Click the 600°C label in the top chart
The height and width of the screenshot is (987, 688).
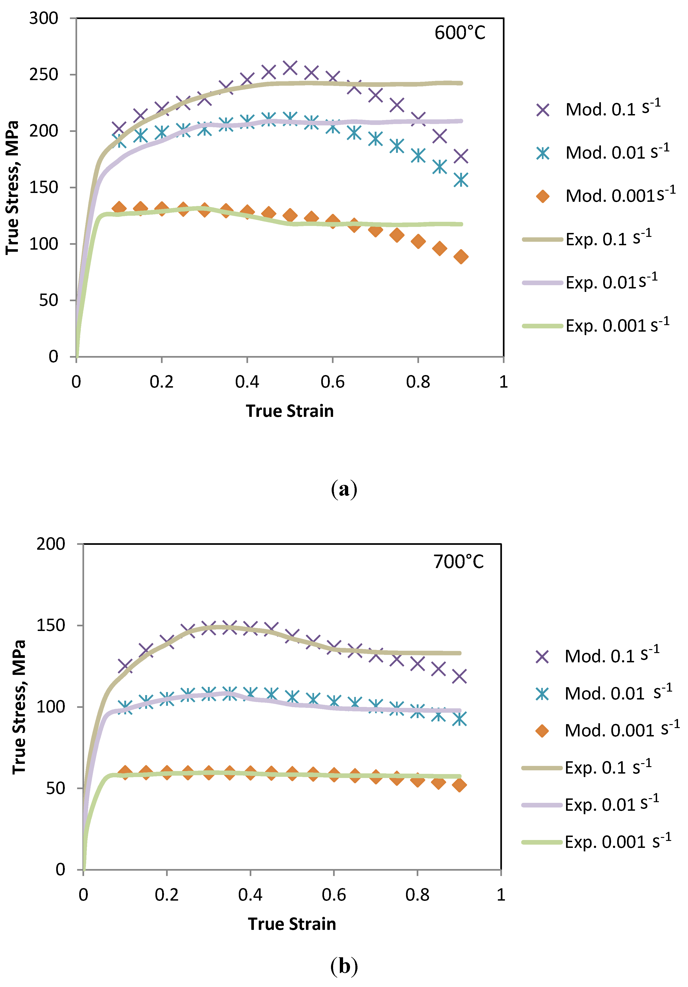pos(460,33)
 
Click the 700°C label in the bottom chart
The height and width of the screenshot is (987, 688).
pos(458,562)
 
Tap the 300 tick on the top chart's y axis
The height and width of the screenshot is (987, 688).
pos(43,19)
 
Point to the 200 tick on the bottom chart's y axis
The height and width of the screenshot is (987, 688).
pos(50,544)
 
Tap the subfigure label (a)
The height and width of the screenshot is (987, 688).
pos(344,489)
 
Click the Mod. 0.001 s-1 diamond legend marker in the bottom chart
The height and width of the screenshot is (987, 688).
pos(542,730)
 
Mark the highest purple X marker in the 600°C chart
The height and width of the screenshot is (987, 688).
pos(290,68)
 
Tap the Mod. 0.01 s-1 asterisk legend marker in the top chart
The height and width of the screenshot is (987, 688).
pos(543,153)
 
